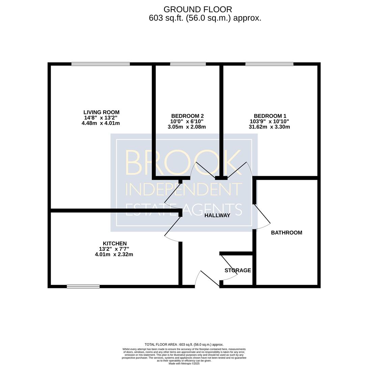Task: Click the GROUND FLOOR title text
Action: click(198, 9)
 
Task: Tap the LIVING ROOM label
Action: click(101, 112)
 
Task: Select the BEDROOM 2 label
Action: click(187, 116)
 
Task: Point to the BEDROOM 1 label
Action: click(270, 116)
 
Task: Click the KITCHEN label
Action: click(115, 244)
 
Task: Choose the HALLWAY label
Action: click(217, 215)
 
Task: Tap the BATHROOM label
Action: click(287, 233)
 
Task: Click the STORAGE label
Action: click(238, 270)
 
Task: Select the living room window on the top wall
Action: click(101, 64)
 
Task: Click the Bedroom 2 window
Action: click(188, 64)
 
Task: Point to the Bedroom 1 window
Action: click(269, 64)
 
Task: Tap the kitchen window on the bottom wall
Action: click(83, 286)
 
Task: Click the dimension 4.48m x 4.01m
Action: click(101, 123)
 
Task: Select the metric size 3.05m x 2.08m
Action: click(187, 127)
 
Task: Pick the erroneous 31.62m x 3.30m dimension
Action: click(269, 127)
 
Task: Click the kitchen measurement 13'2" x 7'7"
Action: click(114, 249)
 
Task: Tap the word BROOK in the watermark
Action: click(183, 163)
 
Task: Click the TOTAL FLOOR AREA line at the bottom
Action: click(184, 345)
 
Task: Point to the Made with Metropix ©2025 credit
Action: click(184, 363)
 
